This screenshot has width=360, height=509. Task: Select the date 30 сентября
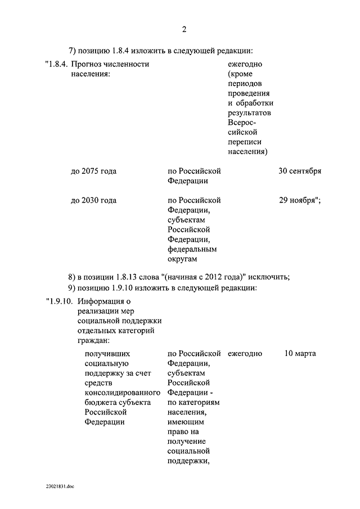point(300,171)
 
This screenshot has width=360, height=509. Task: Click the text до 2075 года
point(93,171)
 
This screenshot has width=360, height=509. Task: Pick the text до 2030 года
point(93,200)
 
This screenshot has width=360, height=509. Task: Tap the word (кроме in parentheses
point(240,74)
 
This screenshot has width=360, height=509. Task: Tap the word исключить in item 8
point(269,276)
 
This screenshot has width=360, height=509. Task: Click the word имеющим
point(186,421)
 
